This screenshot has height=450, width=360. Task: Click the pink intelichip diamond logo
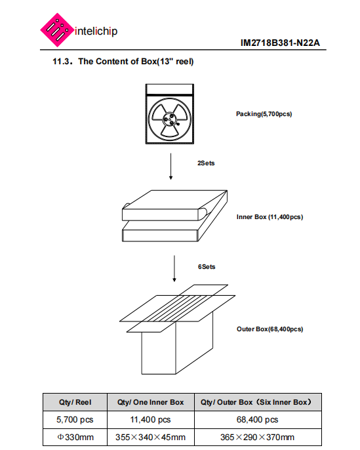[56, 30]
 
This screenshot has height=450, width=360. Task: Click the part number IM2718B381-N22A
[280, 43]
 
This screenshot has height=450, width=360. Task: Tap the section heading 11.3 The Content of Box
[123, 62]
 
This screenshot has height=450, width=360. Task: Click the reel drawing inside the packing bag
[170, 119]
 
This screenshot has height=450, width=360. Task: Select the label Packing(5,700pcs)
[264, 114]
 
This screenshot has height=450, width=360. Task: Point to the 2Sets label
[206, 163]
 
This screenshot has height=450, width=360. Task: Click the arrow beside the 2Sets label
[170, 167]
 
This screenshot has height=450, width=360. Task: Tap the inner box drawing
[174, 216]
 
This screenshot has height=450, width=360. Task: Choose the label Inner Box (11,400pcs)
[270, 217]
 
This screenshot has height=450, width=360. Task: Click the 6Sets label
[207, 266]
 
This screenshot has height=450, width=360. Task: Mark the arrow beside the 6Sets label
[174, 269]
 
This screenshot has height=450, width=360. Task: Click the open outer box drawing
[177, 329]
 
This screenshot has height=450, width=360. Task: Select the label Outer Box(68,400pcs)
[270, 329]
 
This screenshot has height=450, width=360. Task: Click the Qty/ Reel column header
[75, 402]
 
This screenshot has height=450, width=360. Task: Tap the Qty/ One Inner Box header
[151, 402]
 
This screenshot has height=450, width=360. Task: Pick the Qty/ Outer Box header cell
[258, 402]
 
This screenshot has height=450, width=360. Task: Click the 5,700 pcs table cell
[75, 420]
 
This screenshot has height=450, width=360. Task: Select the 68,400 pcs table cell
[258, 420]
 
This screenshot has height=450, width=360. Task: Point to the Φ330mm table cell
[75, 437]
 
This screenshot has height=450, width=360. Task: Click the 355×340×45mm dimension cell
[151, 437]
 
